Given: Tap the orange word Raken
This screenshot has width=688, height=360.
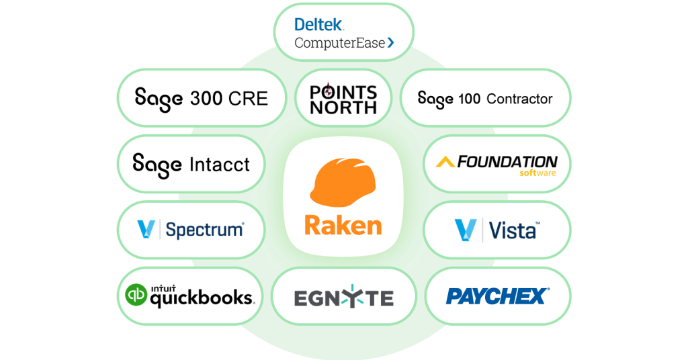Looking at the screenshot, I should [x=343, y=225].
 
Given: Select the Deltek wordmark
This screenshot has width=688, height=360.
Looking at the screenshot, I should [x=319, y=25].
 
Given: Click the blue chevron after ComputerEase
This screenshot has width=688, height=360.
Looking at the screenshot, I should [x=390, y=43].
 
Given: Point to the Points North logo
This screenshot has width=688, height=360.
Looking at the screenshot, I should [x=343, y=98].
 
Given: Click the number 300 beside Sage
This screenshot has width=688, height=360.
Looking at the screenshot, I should [x=206, y=99].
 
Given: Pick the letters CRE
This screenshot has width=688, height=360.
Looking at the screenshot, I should [x=248, y=99].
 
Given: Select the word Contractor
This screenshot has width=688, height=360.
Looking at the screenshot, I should [x=519, y=99].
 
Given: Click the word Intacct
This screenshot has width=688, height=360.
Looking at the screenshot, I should [x=219, y=164].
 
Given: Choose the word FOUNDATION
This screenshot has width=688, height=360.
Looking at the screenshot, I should [x=507, y=162].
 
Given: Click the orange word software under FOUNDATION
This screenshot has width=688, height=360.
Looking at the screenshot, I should [x=538, y=173].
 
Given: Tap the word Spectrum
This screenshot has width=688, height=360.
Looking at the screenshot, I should [x=204, y=230].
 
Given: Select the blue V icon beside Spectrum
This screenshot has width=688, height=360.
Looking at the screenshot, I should [x=146, y=230].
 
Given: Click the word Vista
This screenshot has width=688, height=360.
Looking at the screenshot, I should [x=513, y=230].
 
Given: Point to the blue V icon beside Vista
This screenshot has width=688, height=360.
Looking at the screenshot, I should [x=464, y=230].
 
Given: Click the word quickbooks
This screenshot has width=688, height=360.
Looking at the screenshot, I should [x=201, y=298].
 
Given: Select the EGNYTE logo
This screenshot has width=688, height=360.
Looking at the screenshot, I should [x=343, y=298].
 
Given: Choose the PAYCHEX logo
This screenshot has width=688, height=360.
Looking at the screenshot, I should [x=498, y=296].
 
